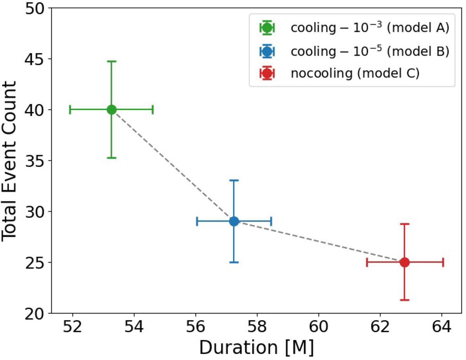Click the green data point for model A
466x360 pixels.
(111, 110)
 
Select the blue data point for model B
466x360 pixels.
(234, 221)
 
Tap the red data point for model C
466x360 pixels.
(405, 262)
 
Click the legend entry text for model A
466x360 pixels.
(370, 28)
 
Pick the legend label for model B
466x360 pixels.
(370, 51)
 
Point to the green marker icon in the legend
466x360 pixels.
(267, 28)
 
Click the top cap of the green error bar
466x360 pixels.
(111, 61)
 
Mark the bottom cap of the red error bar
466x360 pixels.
(405, 300)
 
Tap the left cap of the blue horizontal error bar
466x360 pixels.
(197, 221)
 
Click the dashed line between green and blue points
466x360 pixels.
(173, 165)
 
